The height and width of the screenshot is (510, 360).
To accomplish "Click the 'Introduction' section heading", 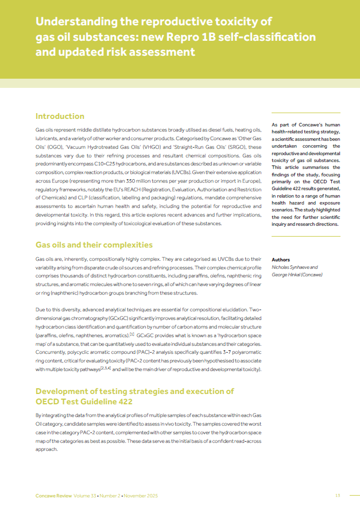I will click(x=60, y=116).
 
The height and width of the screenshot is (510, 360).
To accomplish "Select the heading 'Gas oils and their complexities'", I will click(x=94, y=245).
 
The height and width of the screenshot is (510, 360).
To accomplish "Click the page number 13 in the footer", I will click(x=338, y=495).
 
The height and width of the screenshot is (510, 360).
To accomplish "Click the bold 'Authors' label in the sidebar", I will click(x=281, y=260).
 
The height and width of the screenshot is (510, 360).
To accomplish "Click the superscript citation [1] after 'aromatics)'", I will click(x=131, y=334).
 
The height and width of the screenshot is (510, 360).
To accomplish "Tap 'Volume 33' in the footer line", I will click(x=85, y=495).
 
